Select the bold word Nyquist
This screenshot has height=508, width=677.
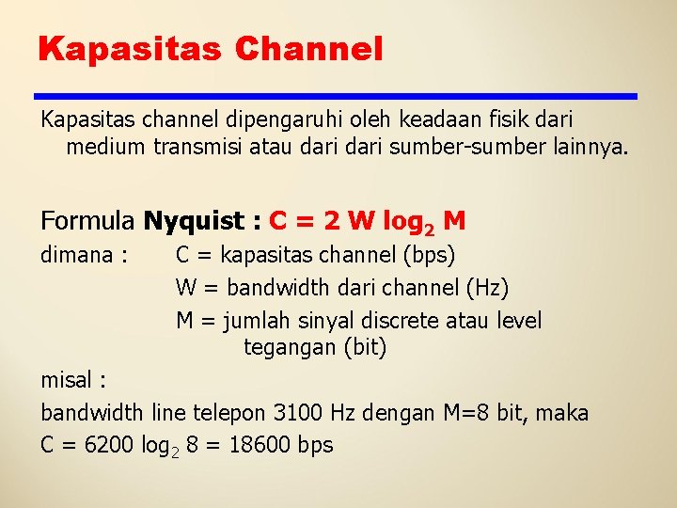pyautogui.click(x=193, y=221)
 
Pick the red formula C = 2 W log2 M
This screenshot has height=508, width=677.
pyautogui.click(x=367, y=222)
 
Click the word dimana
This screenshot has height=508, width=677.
pyautogui.click(x=78, y=255)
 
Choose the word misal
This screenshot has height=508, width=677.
pyautogui.click(x=69, y=380)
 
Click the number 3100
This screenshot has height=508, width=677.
pyautogui.click(x=296, y=412)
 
